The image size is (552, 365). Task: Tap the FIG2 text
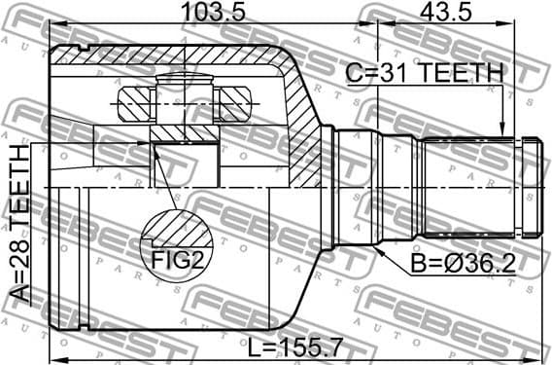tap(177, 261)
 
